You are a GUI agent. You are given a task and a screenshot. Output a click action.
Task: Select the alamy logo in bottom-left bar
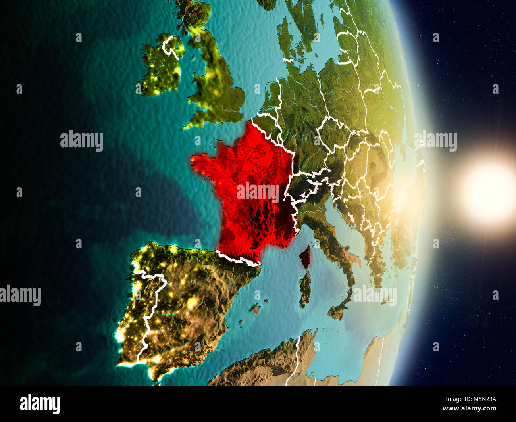pyautogui.click(x=40, y=404)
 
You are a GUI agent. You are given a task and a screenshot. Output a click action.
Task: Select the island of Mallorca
pyautogui.click(x=256, y=307)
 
